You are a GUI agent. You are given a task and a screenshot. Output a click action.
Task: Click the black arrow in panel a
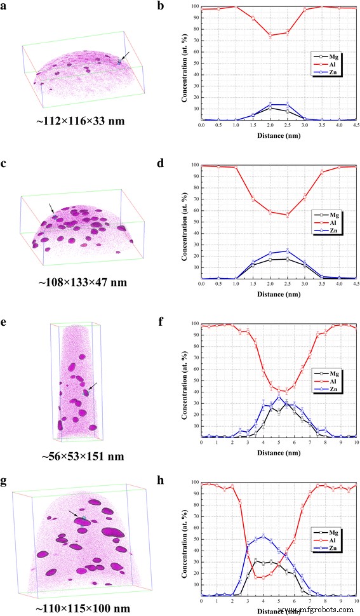coord(127,58)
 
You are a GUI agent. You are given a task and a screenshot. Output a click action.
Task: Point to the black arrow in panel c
coord(51,208)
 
